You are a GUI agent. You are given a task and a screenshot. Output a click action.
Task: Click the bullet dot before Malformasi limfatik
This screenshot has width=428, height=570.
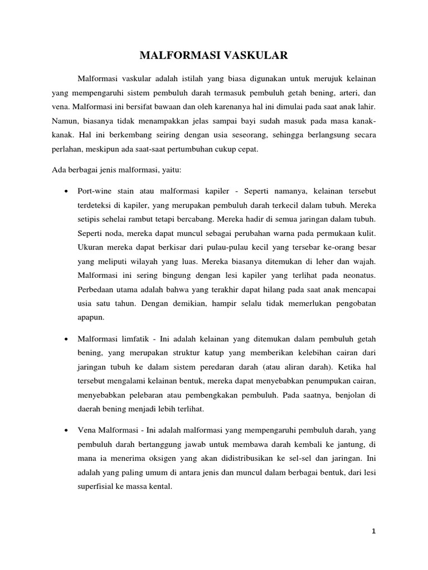click(x=66, y=338)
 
